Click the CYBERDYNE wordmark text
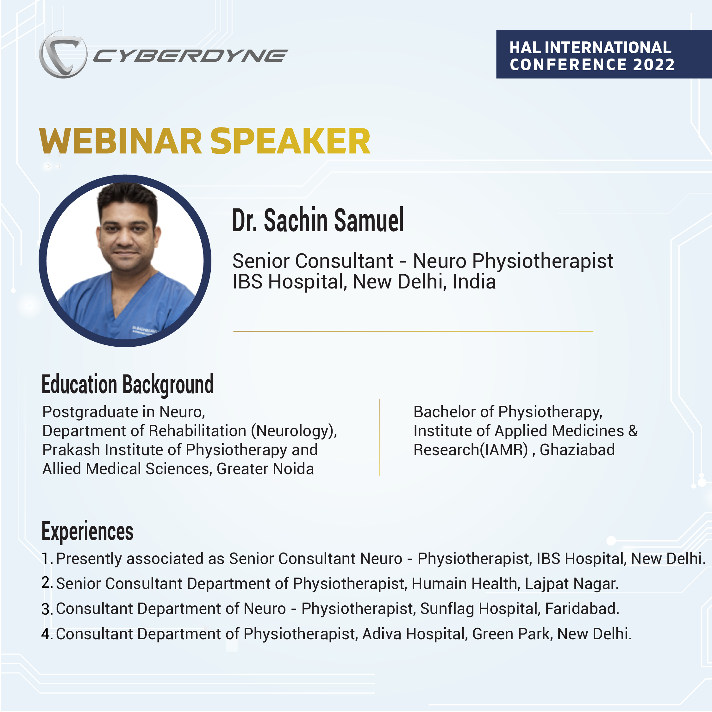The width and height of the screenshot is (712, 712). [190, 56]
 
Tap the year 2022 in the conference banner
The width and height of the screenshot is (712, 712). [653, 65]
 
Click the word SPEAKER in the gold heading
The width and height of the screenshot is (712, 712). [290, 141]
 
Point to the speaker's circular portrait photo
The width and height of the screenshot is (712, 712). [125, 261]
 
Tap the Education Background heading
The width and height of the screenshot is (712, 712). [128, 384]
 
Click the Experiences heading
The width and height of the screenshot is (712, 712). [87, 531]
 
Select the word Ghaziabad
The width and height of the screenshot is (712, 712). [577, 450]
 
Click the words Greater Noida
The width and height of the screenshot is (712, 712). [265, 469]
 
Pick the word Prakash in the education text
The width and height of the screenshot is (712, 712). [71, 450]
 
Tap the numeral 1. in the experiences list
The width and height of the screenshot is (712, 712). [47, 559]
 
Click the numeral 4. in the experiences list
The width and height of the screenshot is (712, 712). [47, 634]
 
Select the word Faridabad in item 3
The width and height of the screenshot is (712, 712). [582, 609]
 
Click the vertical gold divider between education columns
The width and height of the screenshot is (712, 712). [379, 437]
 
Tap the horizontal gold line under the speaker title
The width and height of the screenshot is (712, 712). [413, 331]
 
